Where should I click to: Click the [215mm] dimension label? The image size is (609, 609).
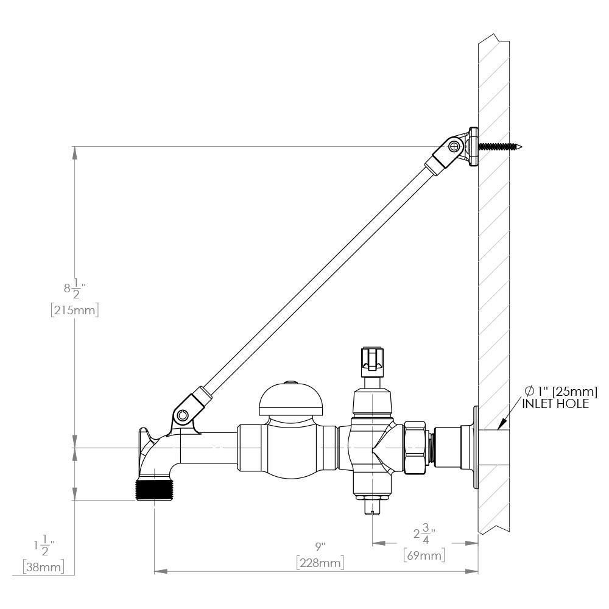pyautogui.click(x=74, y=311)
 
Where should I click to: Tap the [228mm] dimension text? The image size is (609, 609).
pyautogui.click(x=320, y=563)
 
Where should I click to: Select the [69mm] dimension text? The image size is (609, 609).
pyautogui.click(x=424, y=555)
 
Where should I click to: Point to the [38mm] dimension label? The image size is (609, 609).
pyautogui.click(x=43, y=567)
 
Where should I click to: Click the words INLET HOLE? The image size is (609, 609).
pyautogui.click(x=555, y=404)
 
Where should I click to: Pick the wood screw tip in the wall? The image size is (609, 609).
pyautogui.click(x=521, y=147)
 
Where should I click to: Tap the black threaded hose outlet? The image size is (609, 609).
pyautogui.click(x=154, y=490)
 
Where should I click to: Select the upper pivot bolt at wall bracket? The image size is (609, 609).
pyautogui.click(x=454, y=146)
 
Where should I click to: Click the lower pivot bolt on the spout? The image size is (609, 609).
pyautogui.click(x=182, y=416)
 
